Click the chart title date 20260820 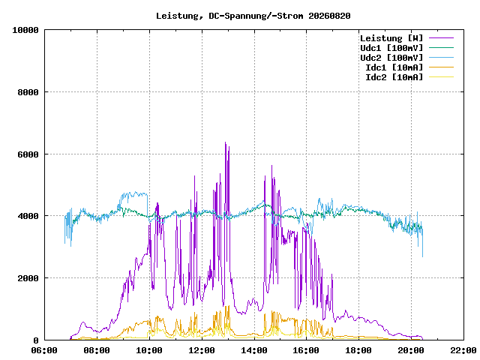coord(329,16)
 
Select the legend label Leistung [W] coord(391,38)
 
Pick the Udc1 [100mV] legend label coord(391,48)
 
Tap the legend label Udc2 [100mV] coord(391,58)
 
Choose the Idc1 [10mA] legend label coord(394,67)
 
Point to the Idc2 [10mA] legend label coord(394,77)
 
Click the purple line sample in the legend coord(441,38)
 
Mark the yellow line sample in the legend coord(441,76)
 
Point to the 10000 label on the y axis coord(25,30)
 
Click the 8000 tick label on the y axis coord(28,92)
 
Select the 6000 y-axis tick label coord(28,154)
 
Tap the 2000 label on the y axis coord(28,278)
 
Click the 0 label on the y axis coord(36,340)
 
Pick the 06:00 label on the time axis coord(44,350)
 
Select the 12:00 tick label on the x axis coord(202,350)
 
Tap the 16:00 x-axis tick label coord(306,350)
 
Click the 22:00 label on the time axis coord(463,350)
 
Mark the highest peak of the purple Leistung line coord(225,142)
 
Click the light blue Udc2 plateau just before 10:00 coord(135,193)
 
